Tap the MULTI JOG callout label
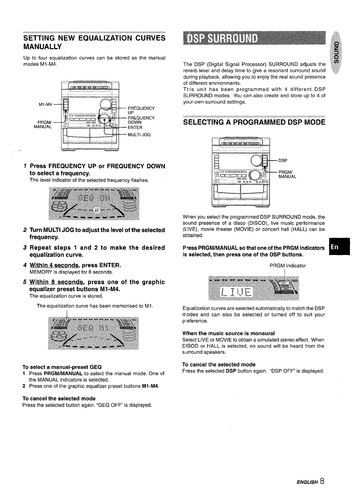(x=139, y=135)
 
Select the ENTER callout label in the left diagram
(x=135, y=127)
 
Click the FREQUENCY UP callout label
(x=141, y=110)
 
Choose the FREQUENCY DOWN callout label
(x=141, y=120)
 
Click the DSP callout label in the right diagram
(x=283, y=161)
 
